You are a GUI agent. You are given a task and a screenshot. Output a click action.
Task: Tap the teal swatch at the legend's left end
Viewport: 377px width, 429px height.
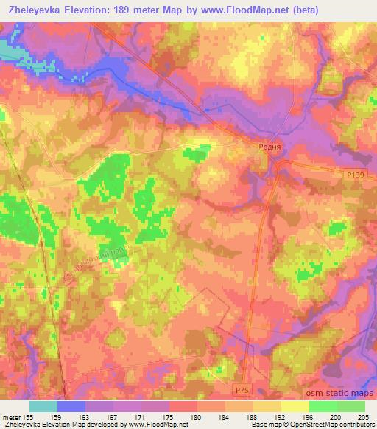[43, 406]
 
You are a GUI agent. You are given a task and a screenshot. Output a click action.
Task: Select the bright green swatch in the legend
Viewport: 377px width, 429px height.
[323, 406]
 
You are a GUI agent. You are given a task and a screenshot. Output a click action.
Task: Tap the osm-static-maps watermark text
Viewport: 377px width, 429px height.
[342, 394]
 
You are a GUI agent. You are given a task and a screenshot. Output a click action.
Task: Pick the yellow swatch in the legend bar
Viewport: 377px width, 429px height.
[295, 406]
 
